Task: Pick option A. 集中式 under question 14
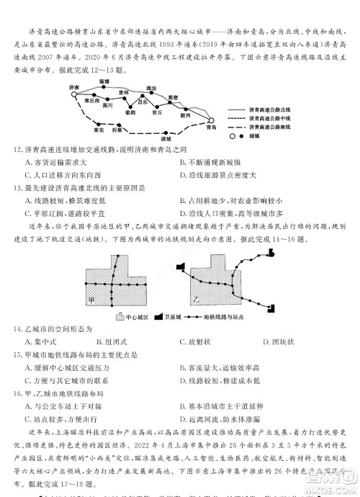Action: (x=41, y=341)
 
